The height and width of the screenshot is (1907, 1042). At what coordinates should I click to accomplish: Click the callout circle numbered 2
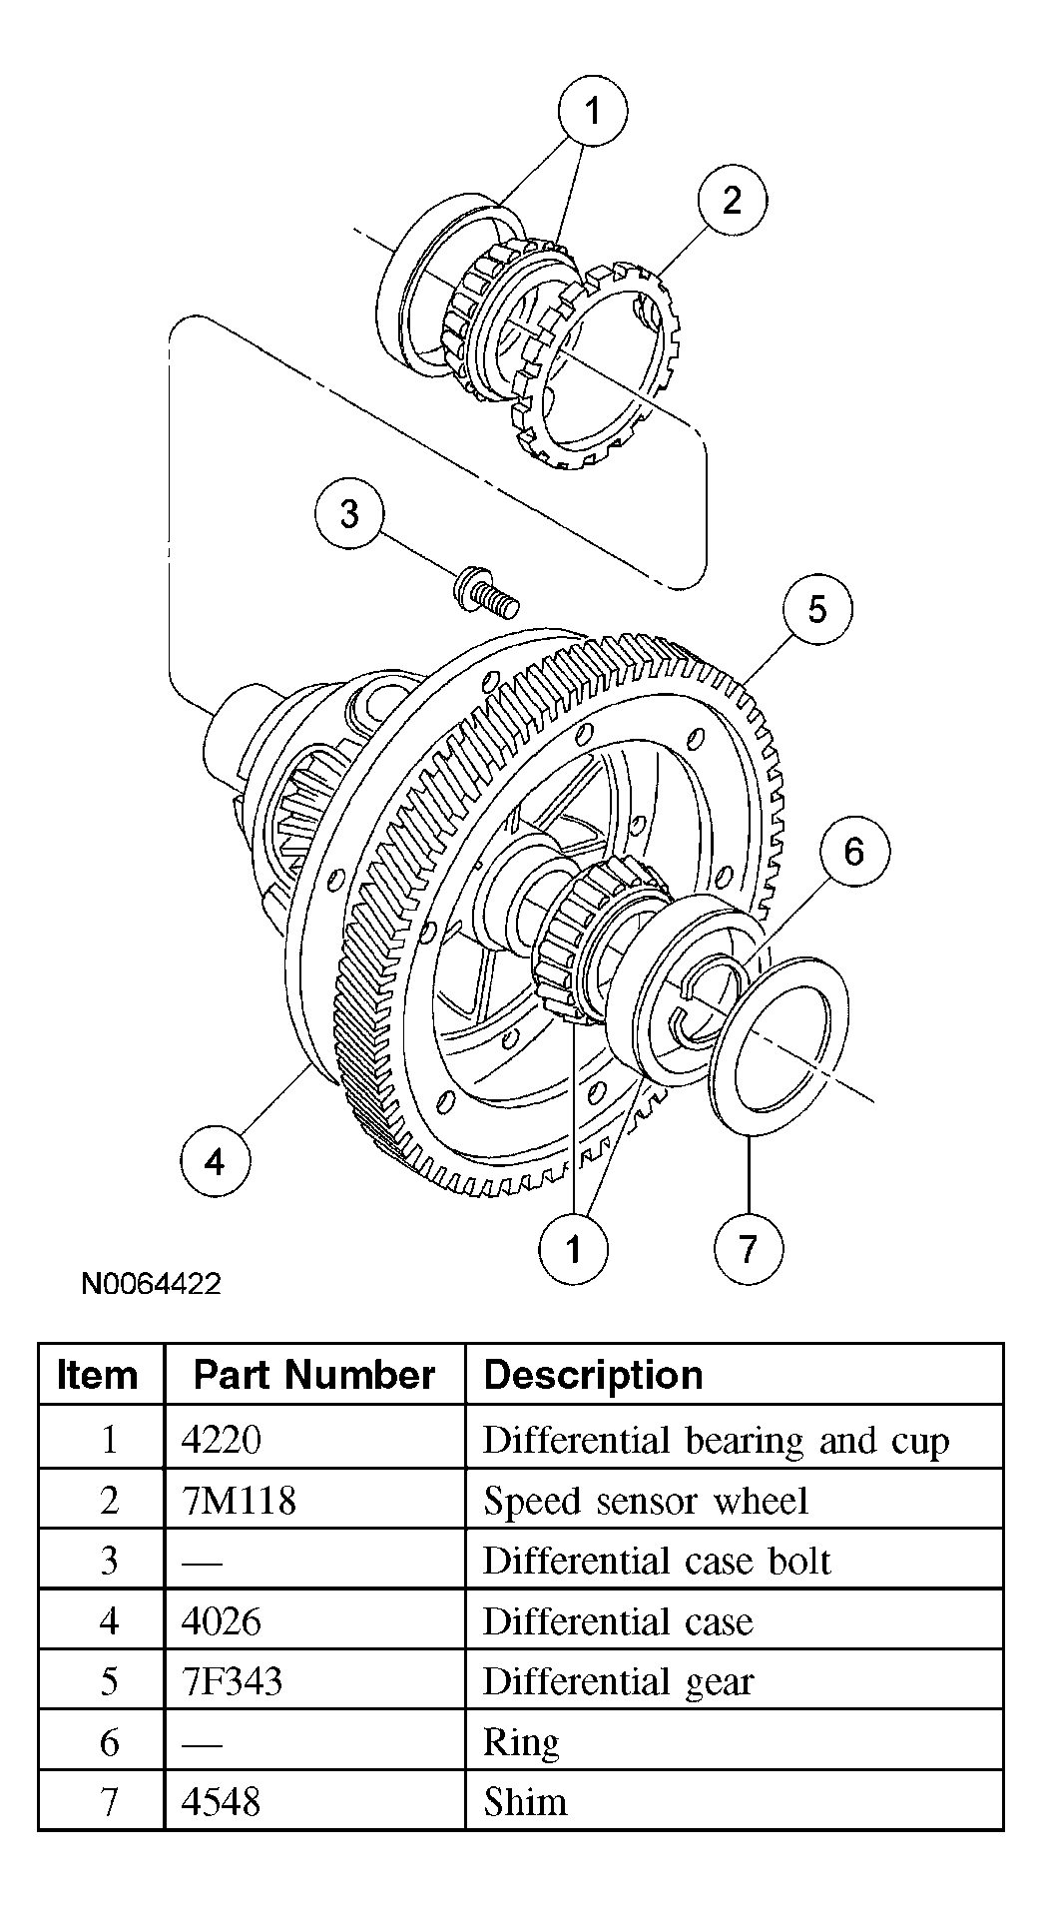[732, 200]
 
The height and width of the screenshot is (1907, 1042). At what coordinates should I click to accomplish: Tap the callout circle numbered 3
[349, 514]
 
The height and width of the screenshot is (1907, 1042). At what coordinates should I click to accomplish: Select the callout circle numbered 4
[215, 1161]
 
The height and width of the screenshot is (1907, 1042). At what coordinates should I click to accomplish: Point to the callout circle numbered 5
[817, 609]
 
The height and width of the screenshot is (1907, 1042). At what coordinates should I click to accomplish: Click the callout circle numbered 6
[853, 852]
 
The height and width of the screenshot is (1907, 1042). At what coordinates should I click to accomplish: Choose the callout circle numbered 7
[749, 1248]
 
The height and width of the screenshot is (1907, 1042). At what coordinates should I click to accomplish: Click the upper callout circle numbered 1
[593, 111]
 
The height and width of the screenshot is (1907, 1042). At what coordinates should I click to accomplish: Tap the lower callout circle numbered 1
[573, 1248]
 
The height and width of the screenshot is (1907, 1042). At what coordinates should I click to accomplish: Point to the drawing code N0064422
[151, 1283]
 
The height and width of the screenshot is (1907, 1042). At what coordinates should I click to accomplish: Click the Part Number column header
[313, 1375]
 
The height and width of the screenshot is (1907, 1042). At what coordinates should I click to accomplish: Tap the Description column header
[593, 1375]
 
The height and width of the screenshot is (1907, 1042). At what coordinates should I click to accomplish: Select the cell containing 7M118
[239, 1501]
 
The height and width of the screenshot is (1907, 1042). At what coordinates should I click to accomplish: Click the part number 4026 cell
[222, 1621]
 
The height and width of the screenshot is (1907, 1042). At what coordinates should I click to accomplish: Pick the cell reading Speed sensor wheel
[645, 1501]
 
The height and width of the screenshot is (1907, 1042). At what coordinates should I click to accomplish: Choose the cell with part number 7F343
[232, 1681]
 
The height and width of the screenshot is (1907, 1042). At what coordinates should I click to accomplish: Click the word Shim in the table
[525, 1802]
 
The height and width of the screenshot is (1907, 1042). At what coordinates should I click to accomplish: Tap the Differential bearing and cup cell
[715, 1440]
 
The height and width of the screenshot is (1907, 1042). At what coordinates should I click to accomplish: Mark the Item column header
[97, 1375]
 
